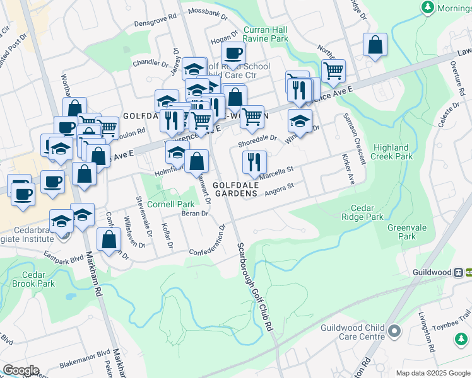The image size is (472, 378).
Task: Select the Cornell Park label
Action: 171,204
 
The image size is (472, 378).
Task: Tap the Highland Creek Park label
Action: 391,152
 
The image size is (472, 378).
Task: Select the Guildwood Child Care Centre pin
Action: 395,331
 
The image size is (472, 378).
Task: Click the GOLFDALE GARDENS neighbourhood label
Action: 237,189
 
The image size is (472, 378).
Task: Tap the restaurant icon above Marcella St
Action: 254,162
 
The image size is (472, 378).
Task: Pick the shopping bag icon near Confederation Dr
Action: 109,239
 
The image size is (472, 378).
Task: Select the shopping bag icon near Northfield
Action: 375,44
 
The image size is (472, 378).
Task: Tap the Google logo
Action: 21,370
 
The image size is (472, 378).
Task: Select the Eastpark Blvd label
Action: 64,256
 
